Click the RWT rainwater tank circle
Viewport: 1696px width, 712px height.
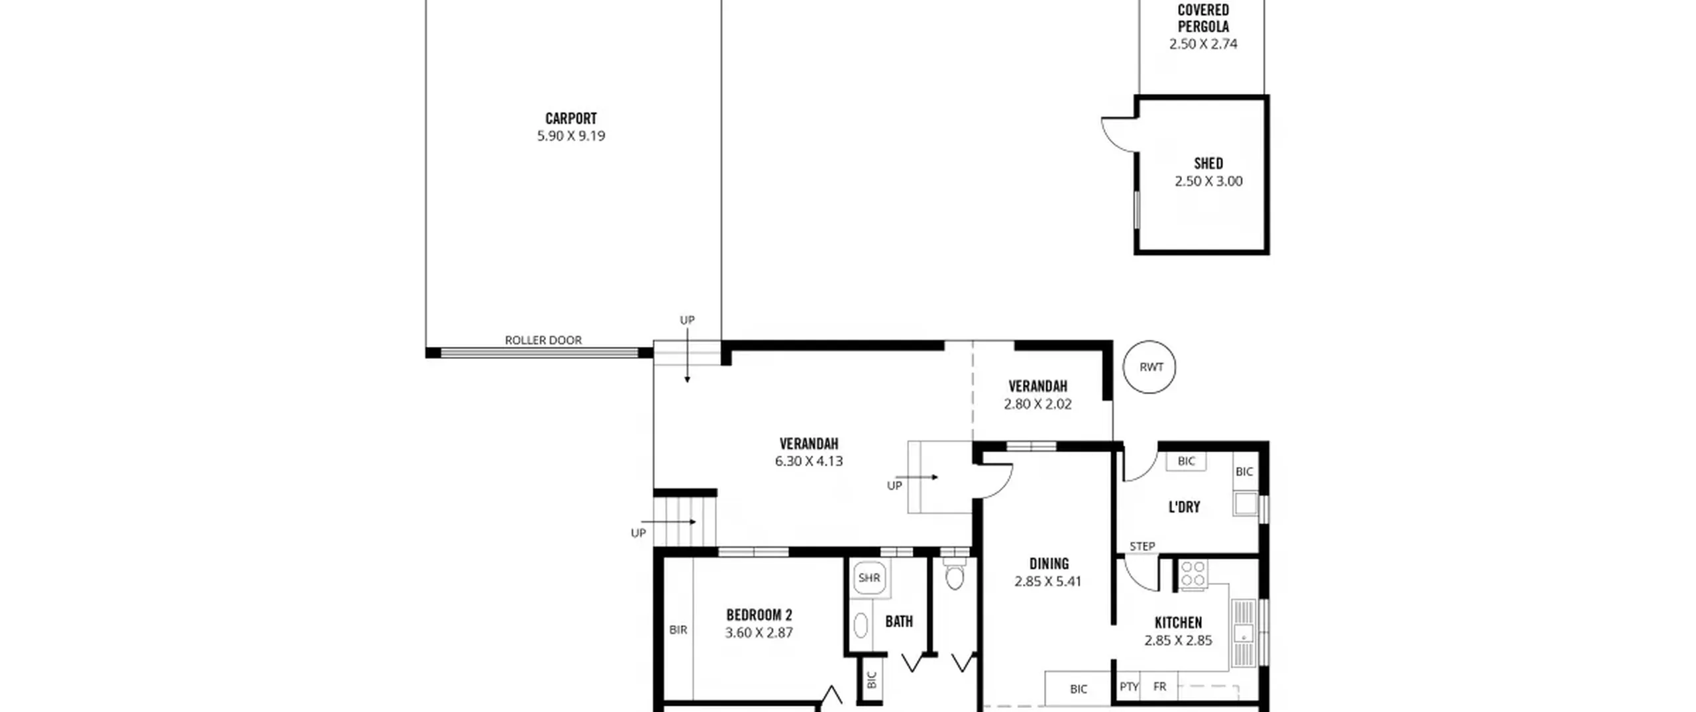[1149, 367]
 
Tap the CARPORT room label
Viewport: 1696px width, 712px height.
[571, 119]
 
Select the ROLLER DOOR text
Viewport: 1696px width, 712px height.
[543, 340]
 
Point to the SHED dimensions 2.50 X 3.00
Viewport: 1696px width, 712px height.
[1208, 181]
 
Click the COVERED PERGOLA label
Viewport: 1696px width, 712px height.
[1203, 19]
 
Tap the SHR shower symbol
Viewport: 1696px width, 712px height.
[869, 578]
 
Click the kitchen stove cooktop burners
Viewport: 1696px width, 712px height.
[1192, 574]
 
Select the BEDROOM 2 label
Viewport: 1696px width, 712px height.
[759, 615]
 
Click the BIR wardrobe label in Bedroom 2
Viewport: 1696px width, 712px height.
[678, 630]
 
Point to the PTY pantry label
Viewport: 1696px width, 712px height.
[1129, 687]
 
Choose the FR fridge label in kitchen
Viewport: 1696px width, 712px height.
[1159, 687]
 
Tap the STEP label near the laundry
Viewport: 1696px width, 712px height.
[1142, 546]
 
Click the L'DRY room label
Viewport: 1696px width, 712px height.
[1184, 507]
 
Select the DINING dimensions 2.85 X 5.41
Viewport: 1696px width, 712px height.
[1047, 582]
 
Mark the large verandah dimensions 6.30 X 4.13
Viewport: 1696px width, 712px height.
[809, 461]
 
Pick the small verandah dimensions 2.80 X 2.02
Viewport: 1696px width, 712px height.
[1037, 404]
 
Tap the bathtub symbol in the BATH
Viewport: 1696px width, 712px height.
[861, 625]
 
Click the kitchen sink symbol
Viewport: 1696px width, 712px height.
[1244, 633]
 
